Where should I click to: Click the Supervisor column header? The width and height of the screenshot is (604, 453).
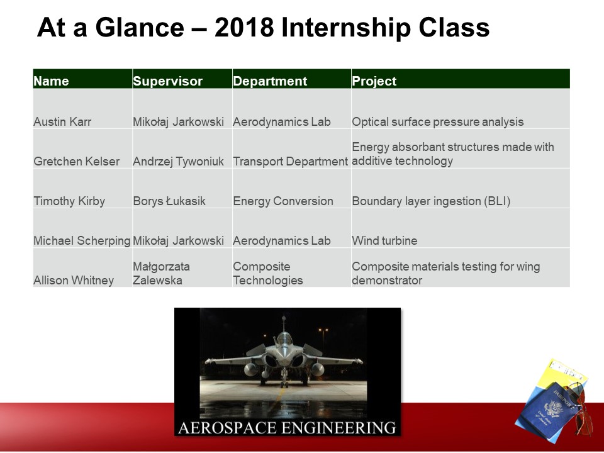167,81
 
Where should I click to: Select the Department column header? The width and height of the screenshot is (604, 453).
270,81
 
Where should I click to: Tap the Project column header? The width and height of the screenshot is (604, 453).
374,81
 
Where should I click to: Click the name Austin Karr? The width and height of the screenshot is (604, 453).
62,121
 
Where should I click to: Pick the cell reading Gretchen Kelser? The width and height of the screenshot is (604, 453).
76,162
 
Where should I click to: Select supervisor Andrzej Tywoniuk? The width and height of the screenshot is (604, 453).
178,162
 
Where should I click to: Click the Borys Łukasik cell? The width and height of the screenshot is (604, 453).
169,201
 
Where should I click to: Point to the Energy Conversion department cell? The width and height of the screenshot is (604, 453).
283,201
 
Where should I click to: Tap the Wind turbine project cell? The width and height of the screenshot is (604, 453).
384,241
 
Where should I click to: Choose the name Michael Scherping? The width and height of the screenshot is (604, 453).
82,241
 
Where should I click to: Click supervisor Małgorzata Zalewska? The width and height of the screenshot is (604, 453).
162,273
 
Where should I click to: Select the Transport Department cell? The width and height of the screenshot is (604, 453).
291,162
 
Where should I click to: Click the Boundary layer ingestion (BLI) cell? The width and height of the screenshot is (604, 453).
431,201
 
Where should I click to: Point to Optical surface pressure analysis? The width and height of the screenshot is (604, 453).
438,121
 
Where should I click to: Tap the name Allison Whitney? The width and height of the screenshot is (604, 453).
74,281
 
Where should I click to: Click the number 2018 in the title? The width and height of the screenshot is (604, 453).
244,28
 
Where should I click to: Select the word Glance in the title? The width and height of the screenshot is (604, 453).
140,28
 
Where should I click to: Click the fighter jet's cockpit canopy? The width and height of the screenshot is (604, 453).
284,339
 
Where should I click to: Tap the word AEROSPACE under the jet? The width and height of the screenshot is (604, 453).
227,428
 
